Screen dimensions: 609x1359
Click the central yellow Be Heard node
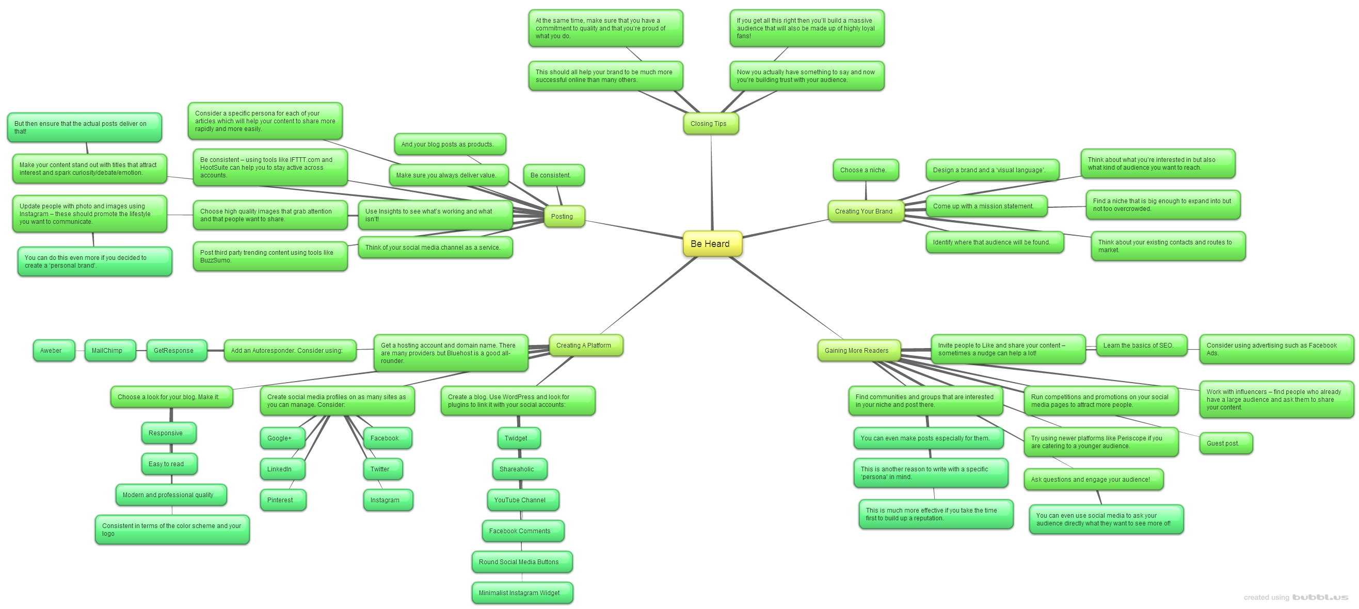[712, 243]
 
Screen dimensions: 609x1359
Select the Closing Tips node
[710, 124]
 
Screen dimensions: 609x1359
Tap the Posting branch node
[564, 217]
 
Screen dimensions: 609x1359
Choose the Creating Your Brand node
[865, 211]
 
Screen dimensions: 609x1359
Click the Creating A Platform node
[585, 345]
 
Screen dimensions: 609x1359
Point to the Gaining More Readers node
[858, 351]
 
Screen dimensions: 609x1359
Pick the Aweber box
[53, 351]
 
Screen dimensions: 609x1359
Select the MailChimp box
[109, 351]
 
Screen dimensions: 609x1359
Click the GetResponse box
[175, 351]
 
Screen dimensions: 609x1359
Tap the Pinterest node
[282, 500]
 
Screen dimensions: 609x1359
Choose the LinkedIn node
[282, 469]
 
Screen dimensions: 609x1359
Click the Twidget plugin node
[518, 438]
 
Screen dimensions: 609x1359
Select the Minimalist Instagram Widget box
[522, 592]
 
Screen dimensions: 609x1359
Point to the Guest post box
[1225, 443]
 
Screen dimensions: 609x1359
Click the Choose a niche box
[865, 170]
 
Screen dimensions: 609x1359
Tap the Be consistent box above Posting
[553, 175]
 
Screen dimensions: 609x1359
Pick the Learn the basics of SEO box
[1141, 345]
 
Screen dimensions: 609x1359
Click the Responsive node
[168, 433]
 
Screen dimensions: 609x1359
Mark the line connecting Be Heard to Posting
[633, 231]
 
